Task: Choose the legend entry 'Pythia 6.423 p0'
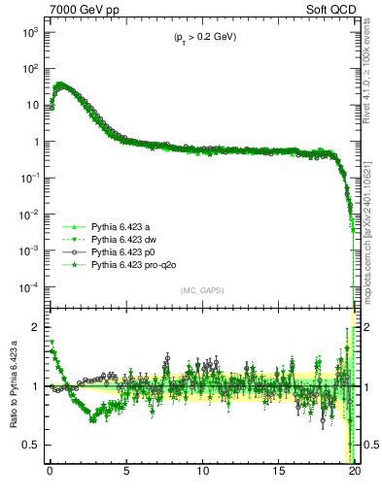tap(123, 250)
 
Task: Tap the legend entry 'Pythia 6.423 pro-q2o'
tap(133, 263)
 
